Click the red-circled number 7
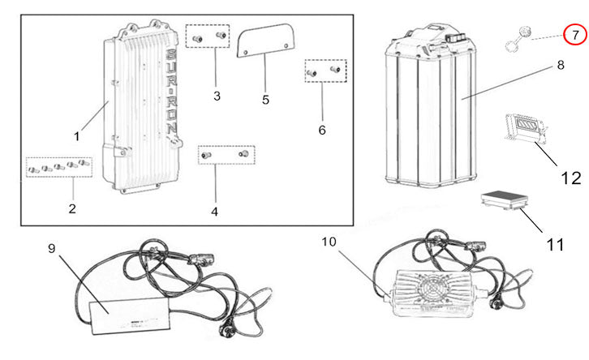(574, 35)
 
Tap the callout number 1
(77, 136)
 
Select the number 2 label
(72, 208)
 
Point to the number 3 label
(217, 96)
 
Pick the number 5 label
(265, 100)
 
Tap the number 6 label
(322, 129)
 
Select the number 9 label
(52, 249)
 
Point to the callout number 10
(328, 241)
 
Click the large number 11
(555, 243)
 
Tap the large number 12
(572, 177)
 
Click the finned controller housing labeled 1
(143, 114)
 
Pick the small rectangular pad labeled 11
(502, 199)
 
